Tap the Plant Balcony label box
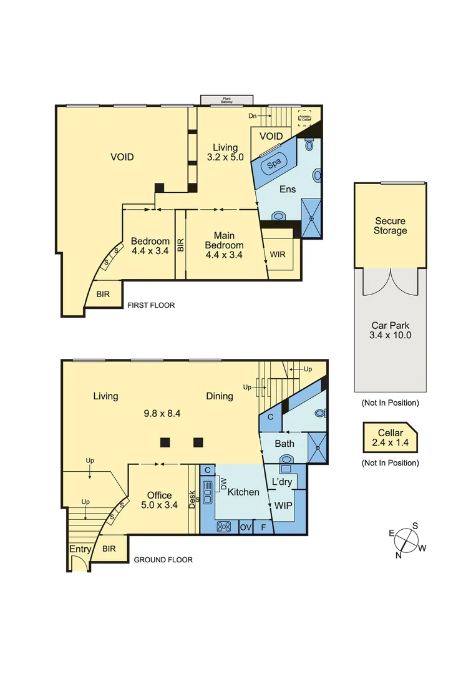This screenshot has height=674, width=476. coord(226,100)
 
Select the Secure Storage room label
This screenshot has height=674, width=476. coord(390,226)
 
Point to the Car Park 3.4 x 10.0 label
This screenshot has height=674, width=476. coord(390,330)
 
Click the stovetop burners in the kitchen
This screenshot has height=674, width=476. coord(224,527)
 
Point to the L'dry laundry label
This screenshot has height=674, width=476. coord(281,482)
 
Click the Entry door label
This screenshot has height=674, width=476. coord(80,549)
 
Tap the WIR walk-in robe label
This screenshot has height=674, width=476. coord(278,255)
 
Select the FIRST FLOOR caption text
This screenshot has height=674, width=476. coord(151,306)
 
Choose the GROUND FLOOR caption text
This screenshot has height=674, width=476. coord(163,560)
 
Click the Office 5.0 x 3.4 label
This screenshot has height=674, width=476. coord(159,501)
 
